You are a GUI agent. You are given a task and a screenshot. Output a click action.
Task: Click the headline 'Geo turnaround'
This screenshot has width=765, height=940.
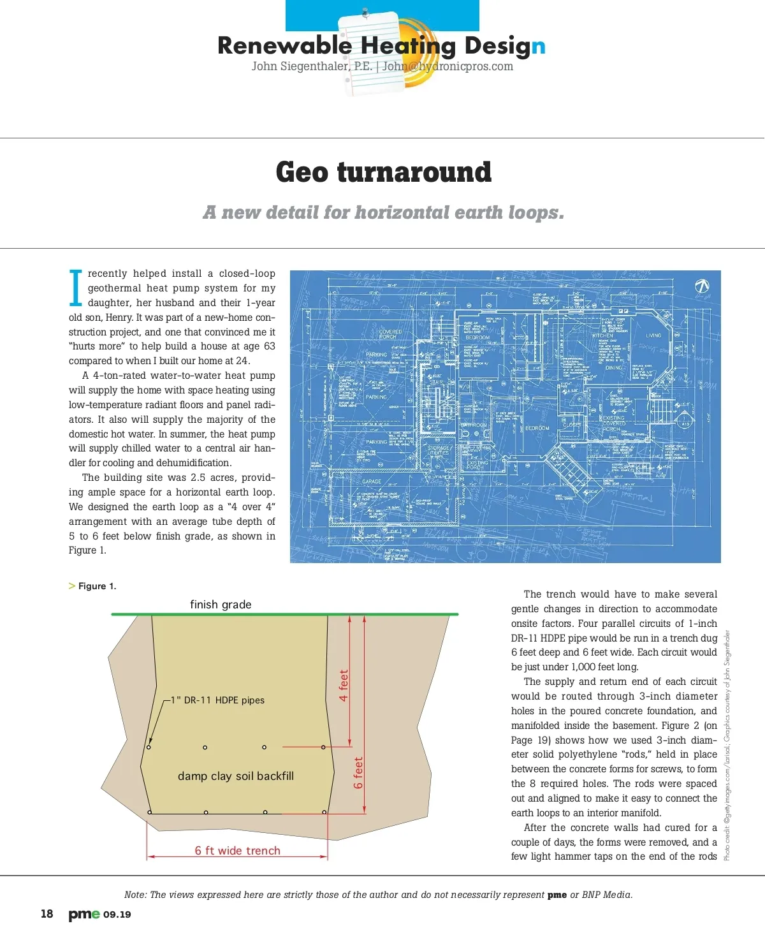click(x=383, y=172)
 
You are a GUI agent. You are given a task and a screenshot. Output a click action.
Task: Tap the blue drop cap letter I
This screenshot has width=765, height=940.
click(x=75, y=288)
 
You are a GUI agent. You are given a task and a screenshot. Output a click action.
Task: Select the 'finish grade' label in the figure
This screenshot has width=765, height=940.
click(x=221, y=605)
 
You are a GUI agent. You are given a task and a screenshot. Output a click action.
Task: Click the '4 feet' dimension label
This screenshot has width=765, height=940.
click(x=344, y=686)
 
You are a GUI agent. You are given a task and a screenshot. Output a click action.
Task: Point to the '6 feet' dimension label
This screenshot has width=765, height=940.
click(x=358, y=773)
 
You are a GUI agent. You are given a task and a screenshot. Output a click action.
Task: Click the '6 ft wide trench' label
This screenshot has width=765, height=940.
click(x=237, y=851)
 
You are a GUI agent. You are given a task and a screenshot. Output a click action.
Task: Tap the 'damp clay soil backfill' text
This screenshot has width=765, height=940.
click(x=236, y=776)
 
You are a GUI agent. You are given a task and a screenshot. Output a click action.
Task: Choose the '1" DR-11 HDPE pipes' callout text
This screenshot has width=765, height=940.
click(x=217, y=700)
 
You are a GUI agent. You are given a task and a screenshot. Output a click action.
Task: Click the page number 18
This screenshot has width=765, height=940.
click(x=47, y=914)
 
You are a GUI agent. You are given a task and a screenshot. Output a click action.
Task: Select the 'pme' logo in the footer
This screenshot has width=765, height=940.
click(x=84, y=914)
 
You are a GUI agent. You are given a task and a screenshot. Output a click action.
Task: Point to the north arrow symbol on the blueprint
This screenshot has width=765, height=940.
click(x=702, y=286)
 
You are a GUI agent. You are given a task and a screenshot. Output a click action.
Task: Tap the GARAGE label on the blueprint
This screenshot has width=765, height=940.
click(x=372, y=481)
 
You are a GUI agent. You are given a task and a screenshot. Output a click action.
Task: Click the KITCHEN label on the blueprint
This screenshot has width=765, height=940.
click(x=602, y=335)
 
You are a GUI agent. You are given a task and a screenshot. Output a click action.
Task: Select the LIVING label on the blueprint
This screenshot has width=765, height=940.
click(x=653, y=335)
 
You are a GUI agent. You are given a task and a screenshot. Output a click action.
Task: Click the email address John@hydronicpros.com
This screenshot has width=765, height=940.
click(x=448, y=66)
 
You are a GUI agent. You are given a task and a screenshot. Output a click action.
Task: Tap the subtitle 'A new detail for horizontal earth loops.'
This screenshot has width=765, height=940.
click(x=383, y=212)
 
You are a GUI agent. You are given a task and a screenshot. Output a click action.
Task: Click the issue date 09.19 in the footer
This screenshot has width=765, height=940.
click(x=117, y=914)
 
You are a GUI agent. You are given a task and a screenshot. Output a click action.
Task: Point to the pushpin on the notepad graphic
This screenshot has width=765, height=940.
click(x=365, y=12)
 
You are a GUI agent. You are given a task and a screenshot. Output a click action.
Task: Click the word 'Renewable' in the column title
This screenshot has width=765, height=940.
click(x=284, y=46)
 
